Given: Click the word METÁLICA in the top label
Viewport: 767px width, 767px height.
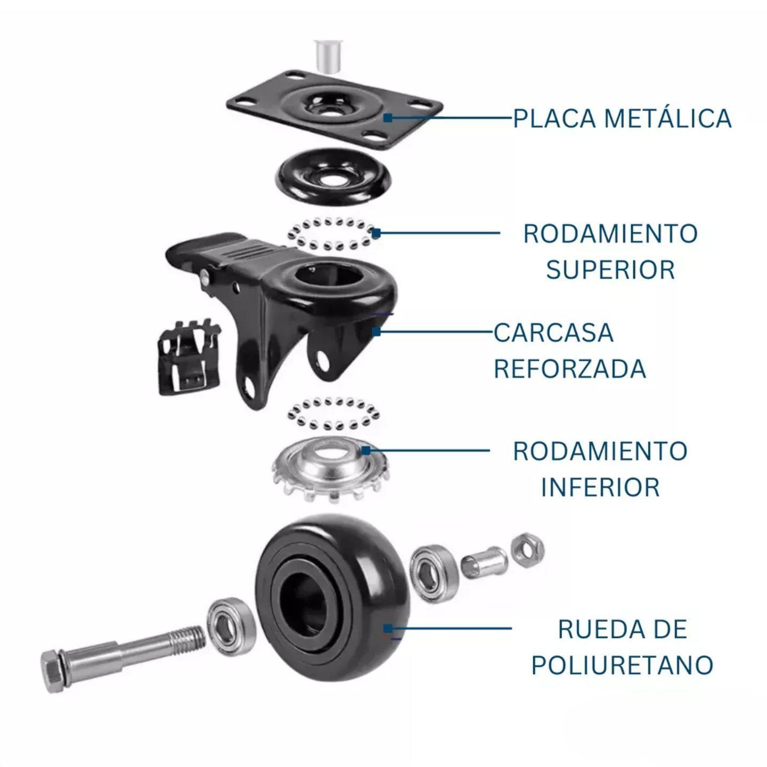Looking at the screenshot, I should (x=668, y=118).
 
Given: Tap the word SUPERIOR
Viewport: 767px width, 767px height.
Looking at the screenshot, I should (x=610, y=270).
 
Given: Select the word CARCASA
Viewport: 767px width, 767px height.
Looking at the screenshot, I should (x=553, y=333).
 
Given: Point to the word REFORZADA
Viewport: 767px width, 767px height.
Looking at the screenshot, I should (x=569, y=369).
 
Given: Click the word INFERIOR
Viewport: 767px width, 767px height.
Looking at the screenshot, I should (x=600, y=487).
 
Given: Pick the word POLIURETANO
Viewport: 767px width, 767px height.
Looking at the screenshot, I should (x=622, y=665).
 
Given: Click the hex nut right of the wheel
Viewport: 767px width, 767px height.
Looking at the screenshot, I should (x=527, y=549).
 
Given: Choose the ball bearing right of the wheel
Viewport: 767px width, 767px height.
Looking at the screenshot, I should (x=434, y=572).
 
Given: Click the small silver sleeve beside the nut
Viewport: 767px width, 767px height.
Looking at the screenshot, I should (x=482, y=562).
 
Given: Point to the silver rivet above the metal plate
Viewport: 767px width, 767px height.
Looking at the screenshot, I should (x=329, y=55).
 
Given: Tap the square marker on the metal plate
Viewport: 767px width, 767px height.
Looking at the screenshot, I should (x=388, y=117).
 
